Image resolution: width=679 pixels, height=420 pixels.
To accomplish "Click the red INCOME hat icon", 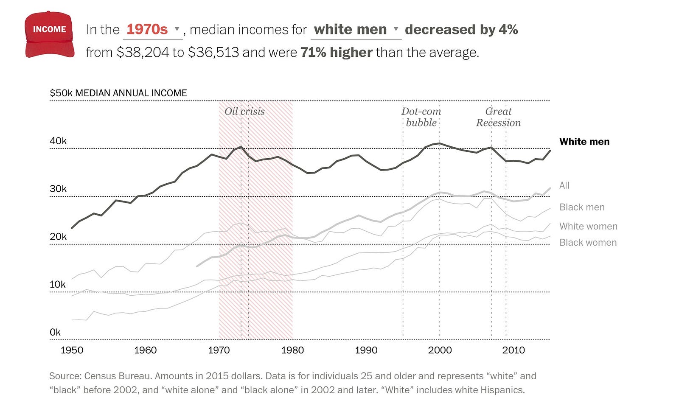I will pos(50,34).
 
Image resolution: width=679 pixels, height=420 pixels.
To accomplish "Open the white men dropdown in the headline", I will pos(356,30).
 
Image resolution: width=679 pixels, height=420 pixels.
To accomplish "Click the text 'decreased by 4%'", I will pos(461,30).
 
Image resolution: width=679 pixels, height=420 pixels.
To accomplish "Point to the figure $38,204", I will pos(143,53).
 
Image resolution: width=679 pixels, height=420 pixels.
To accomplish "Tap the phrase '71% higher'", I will pos(337,53).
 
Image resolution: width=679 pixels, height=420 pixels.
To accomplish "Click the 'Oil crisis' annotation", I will pos(244,112).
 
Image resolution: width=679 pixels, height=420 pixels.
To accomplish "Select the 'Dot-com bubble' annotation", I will pos(421,117).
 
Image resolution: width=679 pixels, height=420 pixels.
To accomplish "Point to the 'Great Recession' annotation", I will pos(498,117).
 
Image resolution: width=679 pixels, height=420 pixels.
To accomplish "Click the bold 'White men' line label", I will pos(584,142).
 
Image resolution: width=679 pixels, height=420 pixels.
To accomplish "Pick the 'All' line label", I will pos(564,185).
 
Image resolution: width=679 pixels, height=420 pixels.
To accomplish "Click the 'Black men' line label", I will pos(582,207).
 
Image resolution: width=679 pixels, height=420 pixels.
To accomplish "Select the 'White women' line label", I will pos(588,226).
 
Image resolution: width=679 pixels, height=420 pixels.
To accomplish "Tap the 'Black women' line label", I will pos(588,242).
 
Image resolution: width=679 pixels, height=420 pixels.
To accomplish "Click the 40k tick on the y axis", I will pos(58,141).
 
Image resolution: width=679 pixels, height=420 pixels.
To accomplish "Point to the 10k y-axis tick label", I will pos(58,284).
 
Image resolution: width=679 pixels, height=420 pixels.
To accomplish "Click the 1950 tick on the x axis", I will pos(72,350).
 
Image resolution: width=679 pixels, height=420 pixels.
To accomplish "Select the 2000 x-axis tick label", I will pos(440,350).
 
